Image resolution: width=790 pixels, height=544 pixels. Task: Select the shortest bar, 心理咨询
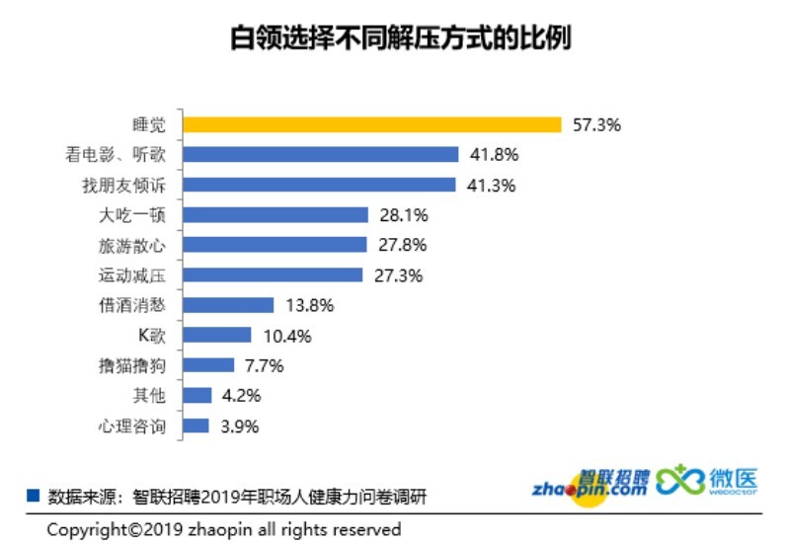coord(197,426)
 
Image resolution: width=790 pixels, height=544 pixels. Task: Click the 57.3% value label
coord(595,125)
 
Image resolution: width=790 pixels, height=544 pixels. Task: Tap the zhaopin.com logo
coord(591,482)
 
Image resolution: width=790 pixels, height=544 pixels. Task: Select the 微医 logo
coord(710,482)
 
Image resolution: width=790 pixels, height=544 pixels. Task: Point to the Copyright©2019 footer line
coord(224,529)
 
